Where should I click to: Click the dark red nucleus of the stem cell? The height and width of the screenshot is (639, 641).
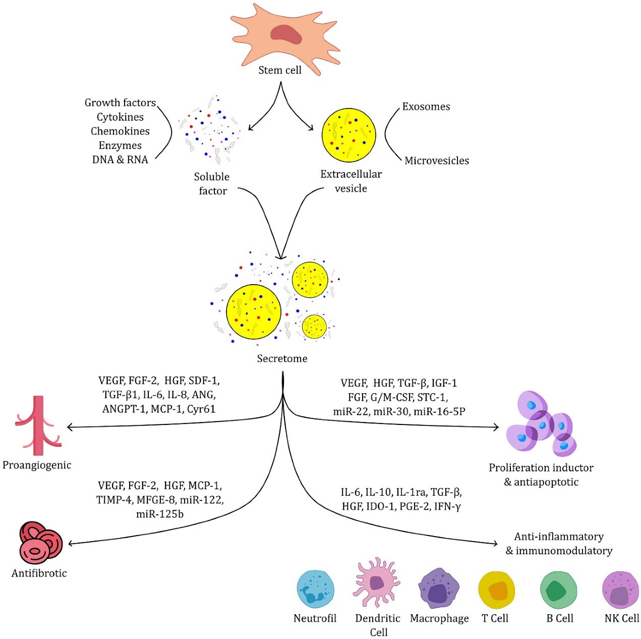(285, 35)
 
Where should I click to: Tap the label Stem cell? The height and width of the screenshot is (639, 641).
(279, 70)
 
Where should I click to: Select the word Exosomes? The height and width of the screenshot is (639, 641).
(426, 107)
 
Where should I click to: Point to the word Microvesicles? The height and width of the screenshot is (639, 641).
(436, 161)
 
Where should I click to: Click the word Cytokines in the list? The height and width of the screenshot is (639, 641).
(120, 117)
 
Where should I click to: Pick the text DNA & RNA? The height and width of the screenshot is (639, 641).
(120, 159)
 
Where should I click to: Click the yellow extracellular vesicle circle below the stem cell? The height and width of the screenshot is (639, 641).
(348, 135)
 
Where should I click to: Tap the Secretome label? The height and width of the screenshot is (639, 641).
(282, 358)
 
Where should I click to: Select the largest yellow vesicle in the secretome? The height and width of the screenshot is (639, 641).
(253, 312)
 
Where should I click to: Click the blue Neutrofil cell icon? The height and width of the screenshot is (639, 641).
(315, 589)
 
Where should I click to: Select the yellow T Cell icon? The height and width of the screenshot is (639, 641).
(496, 590)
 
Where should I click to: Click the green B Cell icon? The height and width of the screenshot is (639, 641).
(558, 590)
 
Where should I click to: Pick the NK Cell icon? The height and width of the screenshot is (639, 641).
(620, 590)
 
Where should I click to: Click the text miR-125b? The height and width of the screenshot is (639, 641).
(160, 514)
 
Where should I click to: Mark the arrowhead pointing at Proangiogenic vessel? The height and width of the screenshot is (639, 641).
(70, 427)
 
